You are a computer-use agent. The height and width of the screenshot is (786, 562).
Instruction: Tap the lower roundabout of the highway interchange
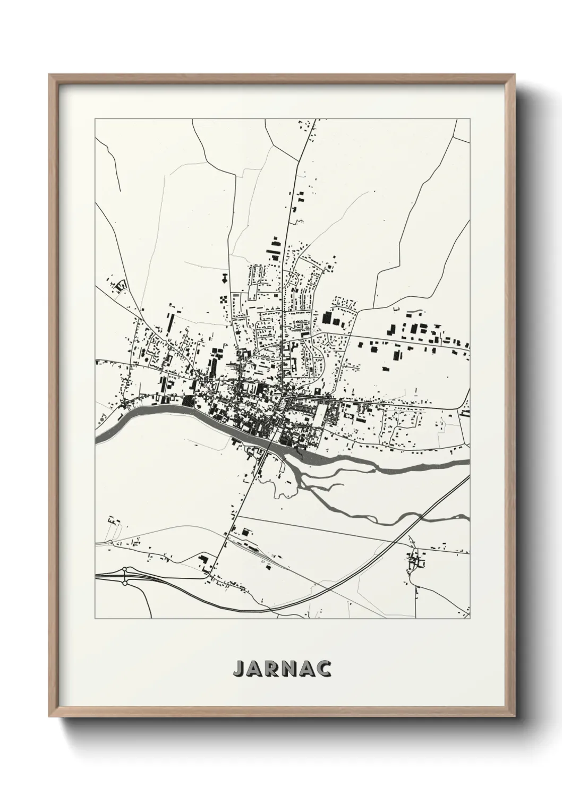point(125,583)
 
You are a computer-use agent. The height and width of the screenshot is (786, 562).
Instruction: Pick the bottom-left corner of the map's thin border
point(95,619)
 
